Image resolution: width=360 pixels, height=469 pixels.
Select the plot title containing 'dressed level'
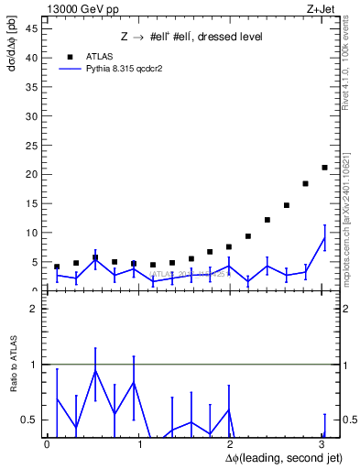coord(192,37)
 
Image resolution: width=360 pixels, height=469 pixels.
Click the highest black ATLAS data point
coord(324,168)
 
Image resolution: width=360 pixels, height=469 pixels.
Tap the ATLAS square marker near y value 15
coord(287,205)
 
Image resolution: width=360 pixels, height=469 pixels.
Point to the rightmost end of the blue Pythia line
coord(324,237)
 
